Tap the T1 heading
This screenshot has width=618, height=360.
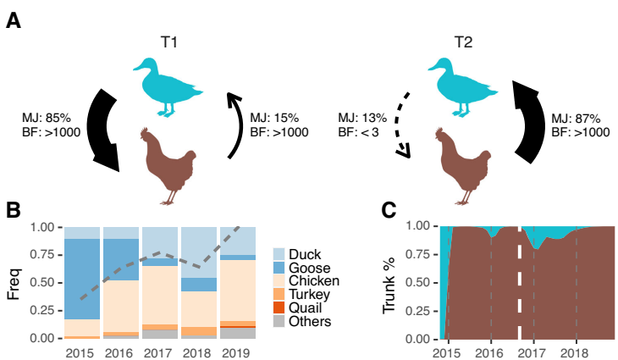pyautogui.click(x=171, y=42)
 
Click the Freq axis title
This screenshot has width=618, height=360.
pyautogui.click(x=14, y=283)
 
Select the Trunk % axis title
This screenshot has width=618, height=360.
pyautogui.click(x=390, y=283)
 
